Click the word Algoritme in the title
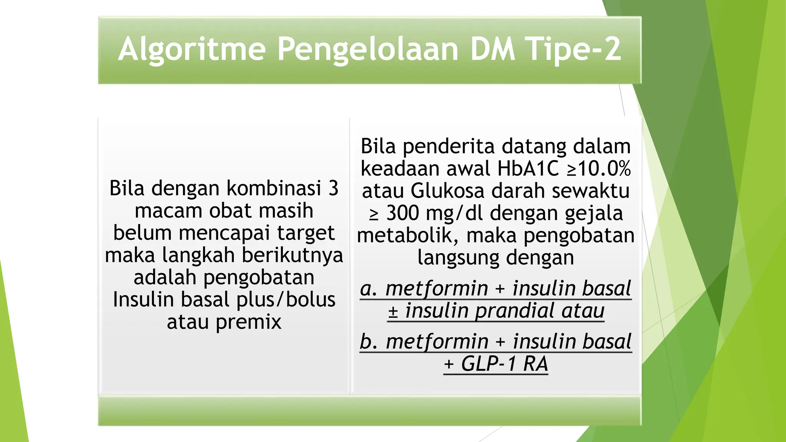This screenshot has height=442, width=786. click(192, 49)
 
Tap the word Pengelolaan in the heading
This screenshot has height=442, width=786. click(368, 49)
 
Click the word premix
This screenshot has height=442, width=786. click(248, 322)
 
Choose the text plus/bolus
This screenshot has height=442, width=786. click(286, 300)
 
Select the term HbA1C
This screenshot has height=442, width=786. click(528, 169)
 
